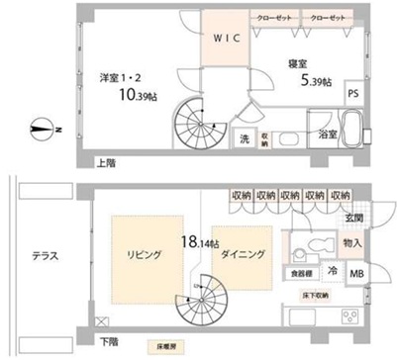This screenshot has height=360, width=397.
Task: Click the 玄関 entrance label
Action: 353,218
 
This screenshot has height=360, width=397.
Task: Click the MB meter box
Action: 356,272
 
